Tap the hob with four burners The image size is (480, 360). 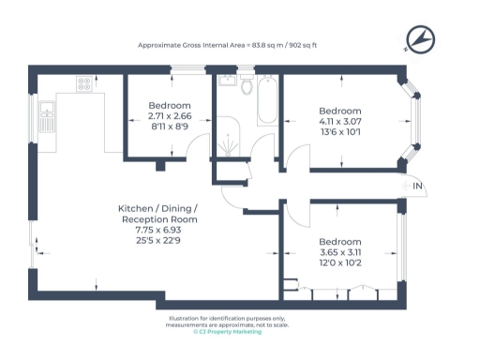[x=84, y=82]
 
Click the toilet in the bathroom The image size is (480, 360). [x=247, y=87]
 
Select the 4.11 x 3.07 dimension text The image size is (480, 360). [x=339, y=121]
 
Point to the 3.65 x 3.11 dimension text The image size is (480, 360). [x=339, y=252]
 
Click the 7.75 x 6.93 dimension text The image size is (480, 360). [x=157, y=229]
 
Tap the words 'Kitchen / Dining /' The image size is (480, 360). [x=157, y=207]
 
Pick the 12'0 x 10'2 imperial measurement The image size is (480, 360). [x=339, y=263]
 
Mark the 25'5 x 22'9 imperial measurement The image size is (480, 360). [x=157, y=240]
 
